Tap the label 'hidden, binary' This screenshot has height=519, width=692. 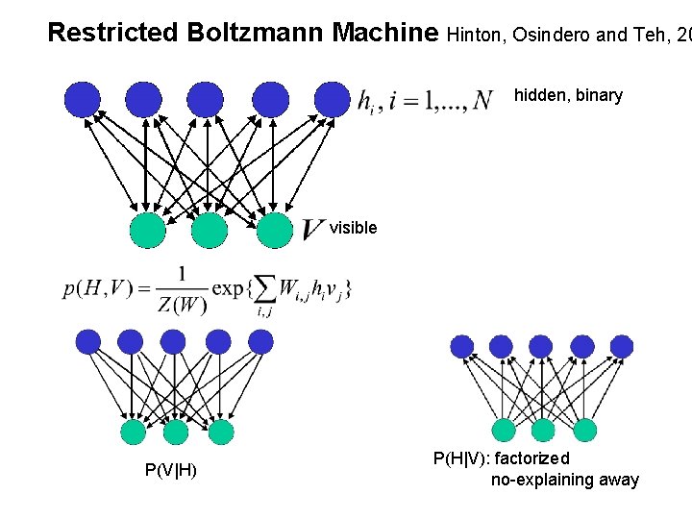tap(568, 95)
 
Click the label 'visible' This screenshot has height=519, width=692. tap(354, 228)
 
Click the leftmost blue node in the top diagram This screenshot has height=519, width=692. tap(82, 98)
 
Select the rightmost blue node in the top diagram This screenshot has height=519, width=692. tap(333, 98)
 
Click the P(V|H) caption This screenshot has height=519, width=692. tap(171, 470)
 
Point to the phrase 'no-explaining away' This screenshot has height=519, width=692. tap(565, 480)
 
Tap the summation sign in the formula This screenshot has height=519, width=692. tap(262, 288)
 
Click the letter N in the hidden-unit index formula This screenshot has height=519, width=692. tap(483, 100)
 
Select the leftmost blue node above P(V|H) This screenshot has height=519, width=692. tap(87, 341)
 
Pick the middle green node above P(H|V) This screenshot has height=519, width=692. tap(543, 430)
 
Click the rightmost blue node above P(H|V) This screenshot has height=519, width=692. tap(622, 346)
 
